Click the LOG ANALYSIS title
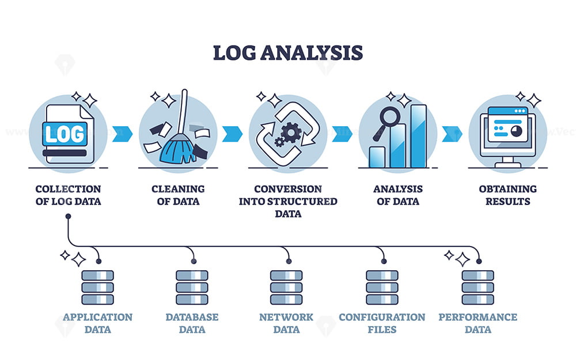[287, 52]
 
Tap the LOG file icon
[68, 134]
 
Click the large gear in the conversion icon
[291, 132]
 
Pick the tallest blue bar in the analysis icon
[418, 137]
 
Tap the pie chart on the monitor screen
[517, 131]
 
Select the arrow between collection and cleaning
[122, 134]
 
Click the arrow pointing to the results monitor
[452, 134]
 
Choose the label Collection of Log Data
[68, 195]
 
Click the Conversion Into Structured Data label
[288, 201]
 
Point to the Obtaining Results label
[507, 195]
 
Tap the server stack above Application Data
[98, 287]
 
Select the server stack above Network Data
[286, 287]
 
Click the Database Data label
[192, 323]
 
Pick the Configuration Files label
[382, 323]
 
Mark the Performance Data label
[478, 323]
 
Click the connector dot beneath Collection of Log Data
[68, 217]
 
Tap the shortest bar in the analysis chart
[377, 157]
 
